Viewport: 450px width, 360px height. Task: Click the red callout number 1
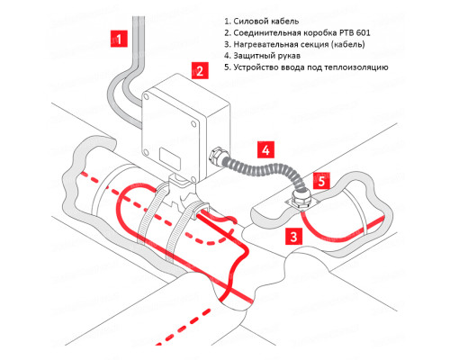tap(119, 39)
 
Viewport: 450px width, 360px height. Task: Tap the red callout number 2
tap(200, 71)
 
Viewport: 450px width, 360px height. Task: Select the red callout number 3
tap(293, 236)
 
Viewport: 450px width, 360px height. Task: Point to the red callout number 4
tap(265, 149)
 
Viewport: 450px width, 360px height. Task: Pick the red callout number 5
tap(321, 181)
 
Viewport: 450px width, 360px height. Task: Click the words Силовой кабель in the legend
tap(266, 22)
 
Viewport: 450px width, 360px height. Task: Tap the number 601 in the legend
tap(364, 32)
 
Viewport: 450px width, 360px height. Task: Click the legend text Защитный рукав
tap(267, 56)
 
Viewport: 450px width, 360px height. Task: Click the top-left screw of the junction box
tap(146, 96)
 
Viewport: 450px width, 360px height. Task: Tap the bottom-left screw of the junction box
tap(146, 153)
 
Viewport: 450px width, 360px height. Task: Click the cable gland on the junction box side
tap(215, 156)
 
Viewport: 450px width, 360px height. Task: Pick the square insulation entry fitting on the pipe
tap(298, 202)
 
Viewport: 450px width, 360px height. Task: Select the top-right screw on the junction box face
tap(194, 124)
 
